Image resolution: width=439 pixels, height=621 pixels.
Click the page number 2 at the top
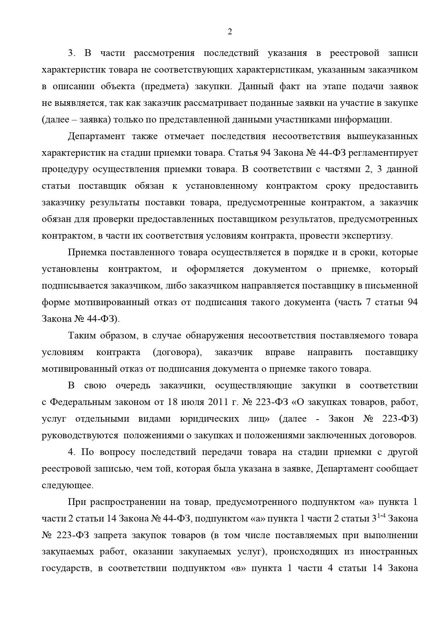tap(230, 32)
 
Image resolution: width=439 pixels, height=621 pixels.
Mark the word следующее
tap(68, 485)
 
